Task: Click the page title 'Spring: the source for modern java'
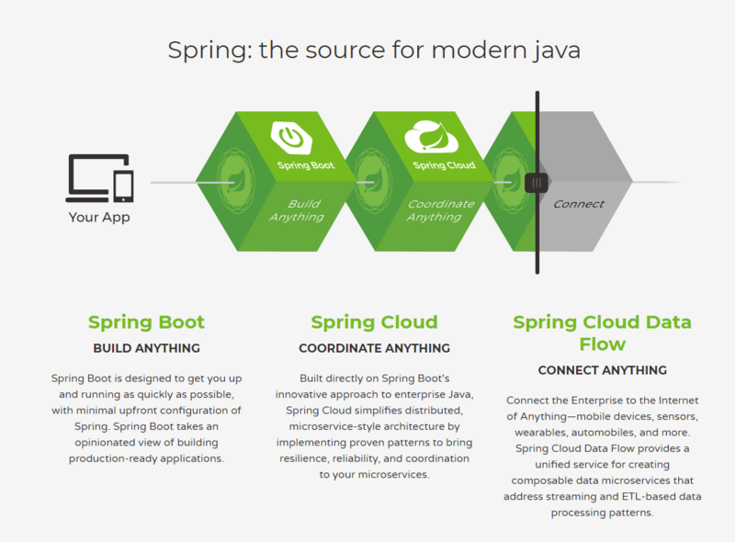click(374, 49)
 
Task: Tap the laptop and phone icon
click(99, 178)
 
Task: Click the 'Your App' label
click(99, 218)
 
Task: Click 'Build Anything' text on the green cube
click(299, 210)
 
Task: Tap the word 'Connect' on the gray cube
click(579, 204)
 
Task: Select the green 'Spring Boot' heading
click(146, 322)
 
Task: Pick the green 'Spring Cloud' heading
click(374, 322)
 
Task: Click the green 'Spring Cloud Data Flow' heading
click(602, 333)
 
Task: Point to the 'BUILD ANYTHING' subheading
click(146, 349)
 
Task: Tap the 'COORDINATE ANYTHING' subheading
click(374, 349)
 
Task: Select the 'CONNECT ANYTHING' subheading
click(602, 370)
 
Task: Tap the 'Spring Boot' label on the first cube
click(305, 166)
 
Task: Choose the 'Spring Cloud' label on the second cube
click(445, 165)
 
